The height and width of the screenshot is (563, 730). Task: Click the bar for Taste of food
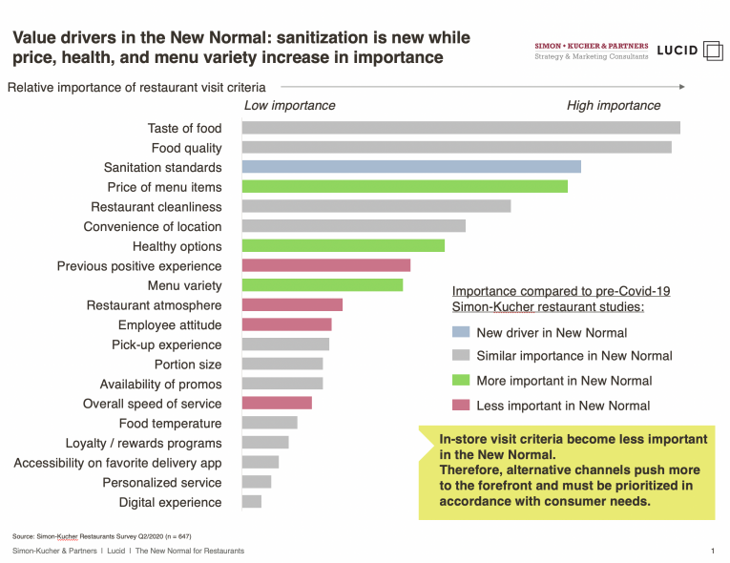click(x=461, y=128)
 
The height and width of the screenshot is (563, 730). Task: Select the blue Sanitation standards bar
click(x=411, y=167)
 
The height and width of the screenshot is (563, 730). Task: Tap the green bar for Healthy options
click(x=344, y=246)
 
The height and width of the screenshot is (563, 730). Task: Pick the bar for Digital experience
click(x=252, y=502)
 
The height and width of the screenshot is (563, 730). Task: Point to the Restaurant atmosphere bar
click(x=292, y=305)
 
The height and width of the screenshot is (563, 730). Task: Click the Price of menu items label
click(x=164, y=187)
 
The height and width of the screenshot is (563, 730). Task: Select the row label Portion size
click(x=188, y=365)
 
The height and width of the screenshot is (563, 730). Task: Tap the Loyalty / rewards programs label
click(x=143, y=443)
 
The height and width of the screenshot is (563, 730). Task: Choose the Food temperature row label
click(x=170, y=424)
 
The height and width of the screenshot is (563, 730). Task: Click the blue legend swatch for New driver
click(x=461, y=333)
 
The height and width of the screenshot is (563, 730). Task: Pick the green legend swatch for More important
click(x=461, y=381)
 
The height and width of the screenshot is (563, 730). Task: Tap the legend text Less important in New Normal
click(x=563, y=406)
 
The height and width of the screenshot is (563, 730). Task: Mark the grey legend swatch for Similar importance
click(x=461, y=356)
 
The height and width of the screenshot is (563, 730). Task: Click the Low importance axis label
click(x=290, y=106)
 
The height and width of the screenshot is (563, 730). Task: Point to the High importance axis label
click(x=614, y=106)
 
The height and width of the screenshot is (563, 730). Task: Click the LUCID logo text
click(x=678, y=51)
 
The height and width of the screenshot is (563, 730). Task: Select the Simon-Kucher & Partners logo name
click(x=592, y=46)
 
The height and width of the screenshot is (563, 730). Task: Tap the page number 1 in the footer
click(x=713, y=551)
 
